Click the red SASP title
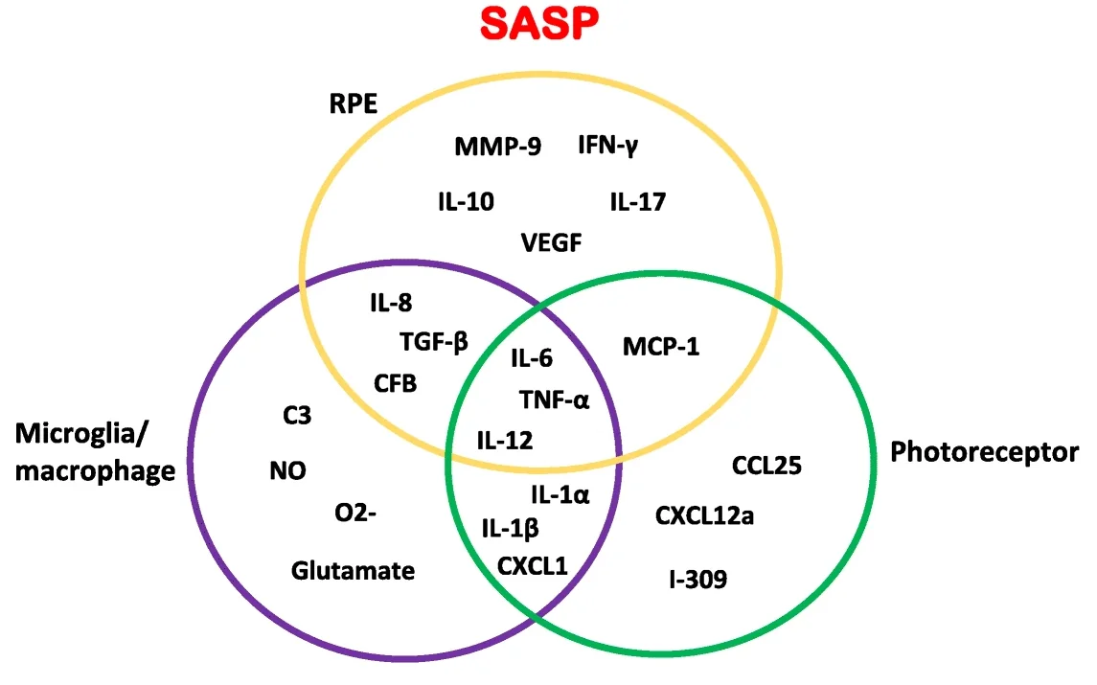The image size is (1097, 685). pyautogui.click(x=540, y=24)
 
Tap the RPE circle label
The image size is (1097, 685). pyautogui.click(x=351, y=105)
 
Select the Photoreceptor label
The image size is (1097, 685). pyautogui.click(x=984, y=452)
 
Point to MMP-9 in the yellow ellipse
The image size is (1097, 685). pyautogui.click(x=497, y=147)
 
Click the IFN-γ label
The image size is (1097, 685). pyautogui.click(x=608, y=146)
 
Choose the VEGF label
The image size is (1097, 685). pyautogui.click(x=551, y=242)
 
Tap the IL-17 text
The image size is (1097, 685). pyautogui.click(x=638, y=202)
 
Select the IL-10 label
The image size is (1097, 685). pyautogui.click(x=466, y=202)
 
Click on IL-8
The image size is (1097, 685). pyautogui.click(x=391, y=303)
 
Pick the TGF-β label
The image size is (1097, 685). pyautogui.click(x=434, y=341)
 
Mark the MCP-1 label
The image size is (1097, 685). pyautogui.click(x=661, y=346)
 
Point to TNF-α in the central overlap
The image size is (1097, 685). pyautogui.click(x=554, y=399)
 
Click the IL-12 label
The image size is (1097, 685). pyautogui.click(x=505, y=440)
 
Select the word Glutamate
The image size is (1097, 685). pyautogui.click(x=353, y=571)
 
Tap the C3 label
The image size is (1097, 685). pyautogui.click(x=296, y=415)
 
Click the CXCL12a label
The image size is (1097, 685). pyautogui.click(x=704, y=516)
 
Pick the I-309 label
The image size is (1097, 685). pyautogui.click(x=697, y=579)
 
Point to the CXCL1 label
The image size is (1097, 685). pyautogui.click(x=533, y=564)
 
